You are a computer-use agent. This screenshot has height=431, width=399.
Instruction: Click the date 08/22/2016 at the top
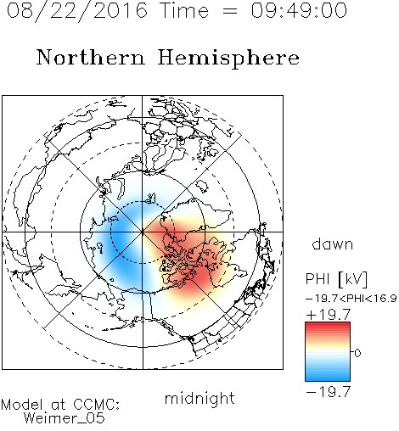click(77, 11)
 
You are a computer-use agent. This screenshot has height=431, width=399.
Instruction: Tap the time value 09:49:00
click(299, 10)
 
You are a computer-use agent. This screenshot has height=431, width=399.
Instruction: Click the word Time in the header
click(184, 10)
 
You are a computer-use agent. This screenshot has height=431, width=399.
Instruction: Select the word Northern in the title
click(91, 57)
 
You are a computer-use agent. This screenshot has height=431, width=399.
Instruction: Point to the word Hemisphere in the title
click(228, 59)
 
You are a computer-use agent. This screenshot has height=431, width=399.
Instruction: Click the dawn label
click(333, 244)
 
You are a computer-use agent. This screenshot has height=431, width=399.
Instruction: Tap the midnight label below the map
click(199, 399)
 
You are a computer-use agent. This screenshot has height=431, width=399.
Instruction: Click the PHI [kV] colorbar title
click(336, 279)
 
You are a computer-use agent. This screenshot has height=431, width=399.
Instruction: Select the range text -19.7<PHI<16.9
click(351, 299)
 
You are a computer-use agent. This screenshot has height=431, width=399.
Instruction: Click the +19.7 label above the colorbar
click(329, 315)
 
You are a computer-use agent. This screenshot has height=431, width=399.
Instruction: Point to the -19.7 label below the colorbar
click(329, 392)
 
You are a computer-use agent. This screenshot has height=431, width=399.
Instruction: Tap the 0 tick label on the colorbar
click(357, 353)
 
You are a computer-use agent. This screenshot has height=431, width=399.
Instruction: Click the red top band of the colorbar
click(328, 326)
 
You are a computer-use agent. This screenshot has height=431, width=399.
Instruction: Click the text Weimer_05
click(65, 418)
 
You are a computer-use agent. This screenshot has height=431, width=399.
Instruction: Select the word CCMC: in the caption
click(97, 405)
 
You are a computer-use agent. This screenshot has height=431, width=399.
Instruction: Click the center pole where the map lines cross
click(143, 232)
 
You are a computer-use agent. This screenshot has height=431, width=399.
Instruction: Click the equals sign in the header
click(230, 11)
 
